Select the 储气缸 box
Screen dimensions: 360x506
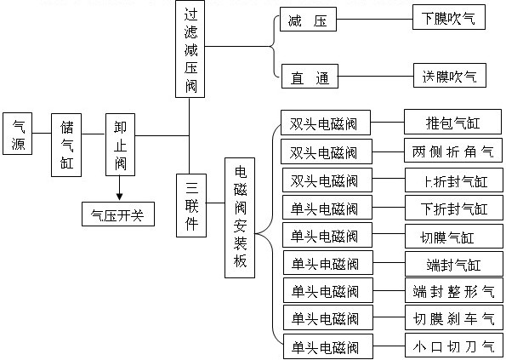point(67,144)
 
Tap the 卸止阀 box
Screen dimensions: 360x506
point(120,144)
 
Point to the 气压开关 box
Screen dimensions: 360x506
point(117,214)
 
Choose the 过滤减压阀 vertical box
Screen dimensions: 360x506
point(189,49)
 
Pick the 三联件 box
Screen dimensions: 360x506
point(190,204)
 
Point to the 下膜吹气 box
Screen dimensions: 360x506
point(448,18)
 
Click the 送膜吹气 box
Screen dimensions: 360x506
point(448,77)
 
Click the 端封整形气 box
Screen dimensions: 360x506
point(452,291)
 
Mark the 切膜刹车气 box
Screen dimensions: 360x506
point(452,318)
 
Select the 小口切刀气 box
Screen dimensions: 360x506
point(452,346)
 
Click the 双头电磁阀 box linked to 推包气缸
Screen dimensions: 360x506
point(325,123)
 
